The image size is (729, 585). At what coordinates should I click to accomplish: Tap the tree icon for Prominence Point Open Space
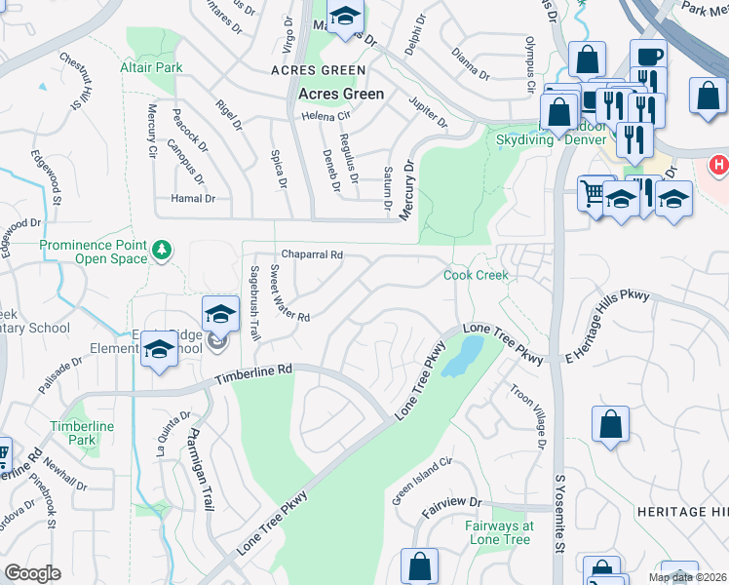point(161,252)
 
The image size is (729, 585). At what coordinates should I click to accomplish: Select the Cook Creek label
point(477,276)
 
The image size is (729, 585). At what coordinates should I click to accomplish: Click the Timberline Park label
point(84,434)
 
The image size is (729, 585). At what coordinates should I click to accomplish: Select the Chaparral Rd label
point(312,254)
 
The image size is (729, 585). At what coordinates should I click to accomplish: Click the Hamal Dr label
point(193,199)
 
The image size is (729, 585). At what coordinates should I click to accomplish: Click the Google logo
point(32,573)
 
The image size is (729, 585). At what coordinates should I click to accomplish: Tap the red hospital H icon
point(719,165)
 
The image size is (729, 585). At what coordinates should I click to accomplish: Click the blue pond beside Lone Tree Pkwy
point(462,356)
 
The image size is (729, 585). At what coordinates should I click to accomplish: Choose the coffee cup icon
point(648,55)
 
